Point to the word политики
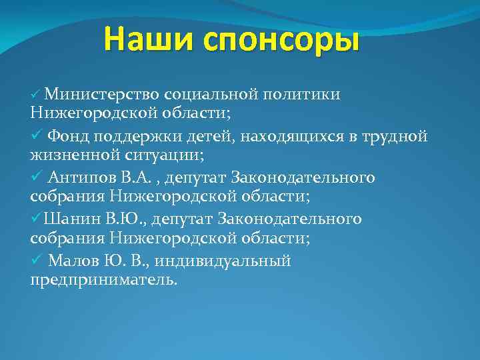coord(305,94)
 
